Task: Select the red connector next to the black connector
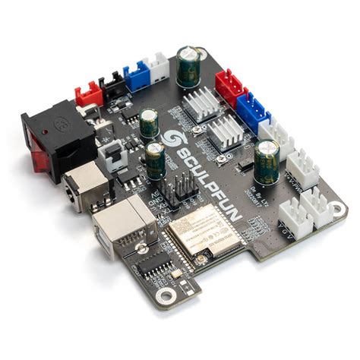(88, 93)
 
